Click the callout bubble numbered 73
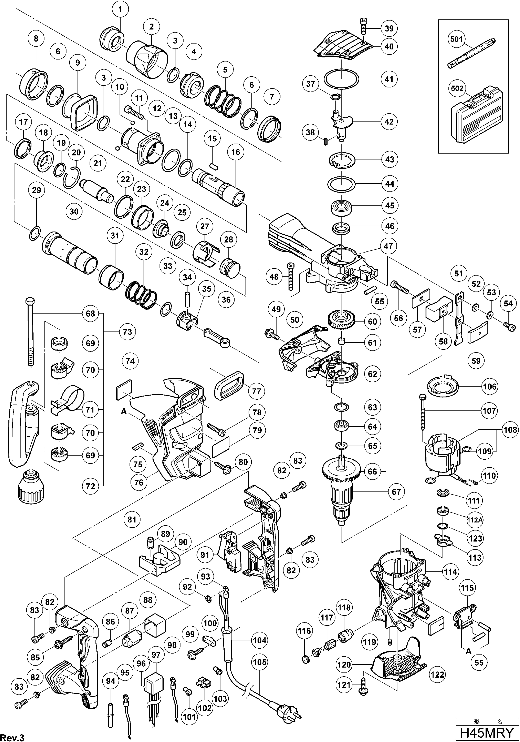click(x=127, y=332)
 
